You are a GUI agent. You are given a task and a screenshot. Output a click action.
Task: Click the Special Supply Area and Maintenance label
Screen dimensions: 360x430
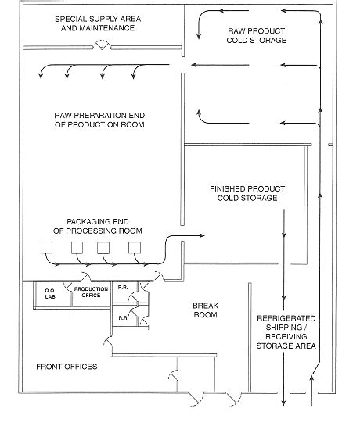point(98,23)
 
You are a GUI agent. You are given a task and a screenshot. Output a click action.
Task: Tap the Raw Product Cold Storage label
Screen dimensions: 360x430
point(256,36)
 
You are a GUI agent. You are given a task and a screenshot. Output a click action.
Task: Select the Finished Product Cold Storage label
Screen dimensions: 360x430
point(247,193)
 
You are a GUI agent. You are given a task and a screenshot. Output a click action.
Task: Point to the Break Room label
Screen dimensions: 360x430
point(205,310)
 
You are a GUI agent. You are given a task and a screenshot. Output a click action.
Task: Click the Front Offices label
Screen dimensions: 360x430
point(67,367)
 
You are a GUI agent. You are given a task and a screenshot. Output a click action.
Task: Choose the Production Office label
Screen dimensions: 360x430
point(91,292)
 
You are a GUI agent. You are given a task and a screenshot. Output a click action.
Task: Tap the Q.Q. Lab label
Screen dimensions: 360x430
point(50,293)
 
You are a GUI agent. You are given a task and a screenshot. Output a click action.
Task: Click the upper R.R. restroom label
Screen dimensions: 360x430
point(123,288)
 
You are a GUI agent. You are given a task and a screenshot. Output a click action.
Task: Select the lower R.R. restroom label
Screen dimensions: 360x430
point(124,318)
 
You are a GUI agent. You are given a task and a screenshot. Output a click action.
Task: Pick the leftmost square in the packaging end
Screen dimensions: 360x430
point(46,248)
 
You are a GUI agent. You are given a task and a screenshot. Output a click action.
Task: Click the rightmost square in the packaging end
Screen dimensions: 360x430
point(135,248)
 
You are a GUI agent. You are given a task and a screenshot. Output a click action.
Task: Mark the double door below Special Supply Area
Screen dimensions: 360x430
point(103,45)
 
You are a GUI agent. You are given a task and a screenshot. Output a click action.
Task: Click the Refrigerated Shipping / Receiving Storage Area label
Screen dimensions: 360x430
point(286,332)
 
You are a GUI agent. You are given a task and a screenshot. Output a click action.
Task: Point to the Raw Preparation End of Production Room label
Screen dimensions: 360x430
point(99,120)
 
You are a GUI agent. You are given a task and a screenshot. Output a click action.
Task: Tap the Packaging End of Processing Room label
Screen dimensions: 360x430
point(98,226)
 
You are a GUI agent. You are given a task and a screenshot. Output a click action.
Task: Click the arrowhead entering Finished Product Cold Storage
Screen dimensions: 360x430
point(202,235)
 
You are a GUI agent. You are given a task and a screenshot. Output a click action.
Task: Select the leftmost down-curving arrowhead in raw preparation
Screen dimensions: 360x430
point(41,76)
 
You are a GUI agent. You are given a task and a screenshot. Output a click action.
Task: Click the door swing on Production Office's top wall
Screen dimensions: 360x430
point(85,277)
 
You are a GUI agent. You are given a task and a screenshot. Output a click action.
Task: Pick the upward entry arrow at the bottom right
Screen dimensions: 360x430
point(311,390)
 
